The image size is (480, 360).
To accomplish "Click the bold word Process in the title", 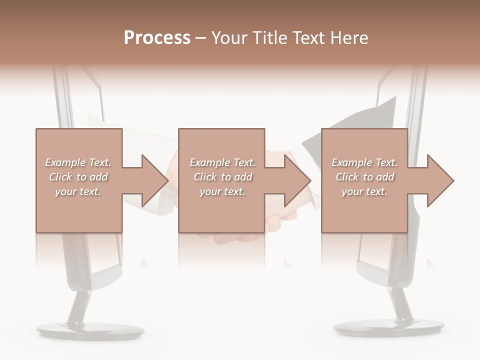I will pos(157,38).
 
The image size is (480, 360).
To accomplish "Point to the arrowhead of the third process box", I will pos(439,180).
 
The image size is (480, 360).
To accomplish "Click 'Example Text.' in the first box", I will pos(78,162).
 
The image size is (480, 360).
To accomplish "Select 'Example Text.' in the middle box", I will pos(222,162).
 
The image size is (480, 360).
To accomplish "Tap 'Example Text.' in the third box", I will pos(364,162).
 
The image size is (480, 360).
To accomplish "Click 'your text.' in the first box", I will pos(78,191).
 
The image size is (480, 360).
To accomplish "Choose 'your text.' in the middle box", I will pos(222,191).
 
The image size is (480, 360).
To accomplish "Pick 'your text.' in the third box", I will pos(364,191).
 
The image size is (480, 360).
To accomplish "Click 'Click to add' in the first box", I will pos(78,177).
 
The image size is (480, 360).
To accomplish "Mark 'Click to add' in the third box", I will pos(364,177).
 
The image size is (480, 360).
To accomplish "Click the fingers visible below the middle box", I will pos(280,220).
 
